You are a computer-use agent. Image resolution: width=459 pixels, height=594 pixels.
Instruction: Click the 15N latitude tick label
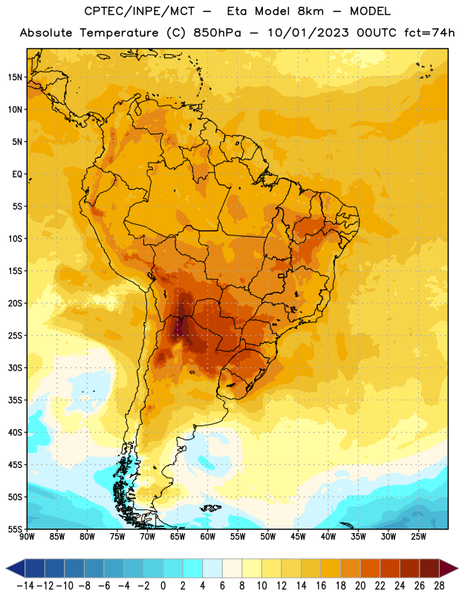[15, 77]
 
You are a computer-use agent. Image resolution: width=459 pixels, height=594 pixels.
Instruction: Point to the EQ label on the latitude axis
[17, 174]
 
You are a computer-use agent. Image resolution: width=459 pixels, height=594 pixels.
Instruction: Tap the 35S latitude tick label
[15, 400]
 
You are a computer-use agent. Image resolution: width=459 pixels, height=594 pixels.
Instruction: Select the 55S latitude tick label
[15, 529]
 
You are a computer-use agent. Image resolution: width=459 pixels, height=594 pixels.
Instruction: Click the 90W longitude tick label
[27, 537]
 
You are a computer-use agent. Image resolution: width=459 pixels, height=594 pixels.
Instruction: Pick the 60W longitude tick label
[208, 537]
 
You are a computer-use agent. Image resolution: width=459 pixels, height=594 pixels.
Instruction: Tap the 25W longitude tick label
[418, 537]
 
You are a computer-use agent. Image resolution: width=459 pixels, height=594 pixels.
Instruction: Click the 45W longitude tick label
[298, 537]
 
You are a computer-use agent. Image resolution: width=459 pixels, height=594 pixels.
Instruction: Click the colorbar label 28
[439, 586]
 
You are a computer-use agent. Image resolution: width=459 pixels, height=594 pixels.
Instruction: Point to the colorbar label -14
[25, 586]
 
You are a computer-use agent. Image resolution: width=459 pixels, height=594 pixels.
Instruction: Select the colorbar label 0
[163, 586]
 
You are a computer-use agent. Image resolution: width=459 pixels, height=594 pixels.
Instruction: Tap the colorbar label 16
[321, 586]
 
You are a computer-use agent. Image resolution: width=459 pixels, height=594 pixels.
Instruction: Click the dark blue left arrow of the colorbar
[16, 568]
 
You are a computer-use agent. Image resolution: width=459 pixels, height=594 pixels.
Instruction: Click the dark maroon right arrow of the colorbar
[449, 568]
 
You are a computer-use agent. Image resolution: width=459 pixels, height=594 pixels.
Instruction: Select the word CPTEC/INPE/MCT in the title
[140, 11]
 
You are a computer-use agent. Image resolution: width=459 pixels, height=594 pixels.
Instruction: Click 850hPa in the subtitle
[217, 33]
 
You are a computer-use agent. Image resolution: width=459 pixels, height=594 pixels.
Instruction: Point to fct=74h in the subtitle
[429, 33]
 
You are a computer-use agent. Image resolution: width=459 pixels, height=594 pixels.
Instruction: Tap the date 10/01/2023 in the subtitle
[308, 33]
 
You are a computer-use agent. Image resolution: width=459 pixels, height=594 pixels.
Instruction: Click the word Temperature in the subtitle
[119, 33]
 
